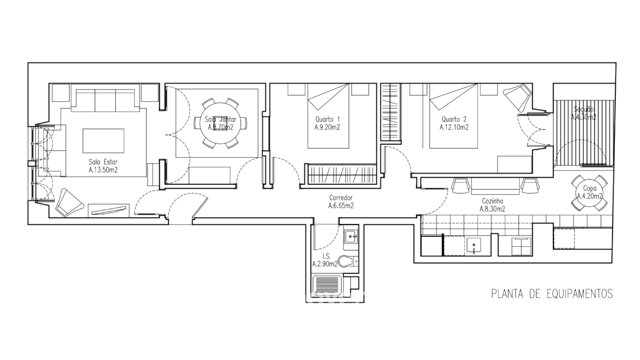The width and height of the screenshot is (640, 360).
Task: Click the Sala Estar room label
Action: pos(103,162)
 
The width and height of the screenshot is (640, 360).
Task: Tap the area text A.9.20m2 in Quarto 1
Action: pos(327,127)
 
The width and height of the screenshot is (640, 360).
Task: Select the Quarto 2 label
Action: pos(454,119)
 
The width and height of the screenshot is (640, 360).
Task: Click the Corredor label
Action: pos(341,198)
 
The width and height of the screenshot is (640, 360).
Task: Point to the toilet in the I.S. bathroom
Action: pos(346,260)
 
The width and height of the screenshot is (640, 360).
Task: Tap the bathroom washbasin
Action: pos(351,237)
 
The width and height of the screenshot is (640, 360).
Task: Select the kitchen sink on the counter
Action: pos(474,246)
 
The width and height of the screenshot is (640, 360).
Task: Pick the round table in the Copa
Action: pos(589,193)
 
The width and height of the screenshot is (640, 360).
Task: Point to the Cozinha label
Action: pos(492,201)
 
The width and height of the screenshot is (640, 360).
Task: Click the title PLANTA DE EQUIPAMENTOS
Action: pos(552,294)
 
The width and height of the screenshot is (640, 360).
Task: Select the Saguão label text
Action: pos(584,109)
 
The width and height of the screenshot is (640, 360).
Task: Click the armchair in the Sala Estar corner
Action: pos(68,203)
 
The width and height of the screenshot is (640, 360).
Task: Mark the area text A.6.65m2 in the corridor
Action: pos(341,206)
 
